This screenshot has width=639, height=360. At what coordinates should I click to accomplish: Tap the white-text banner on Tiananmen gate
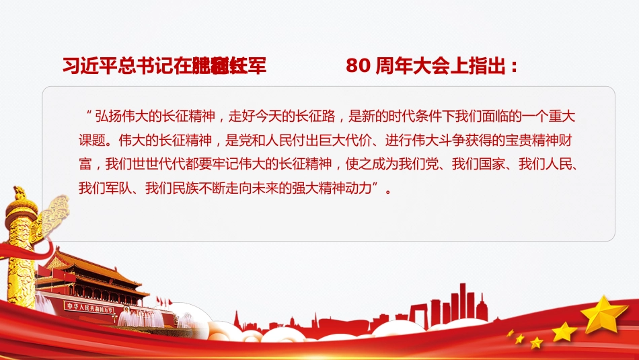coord(89,308)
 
